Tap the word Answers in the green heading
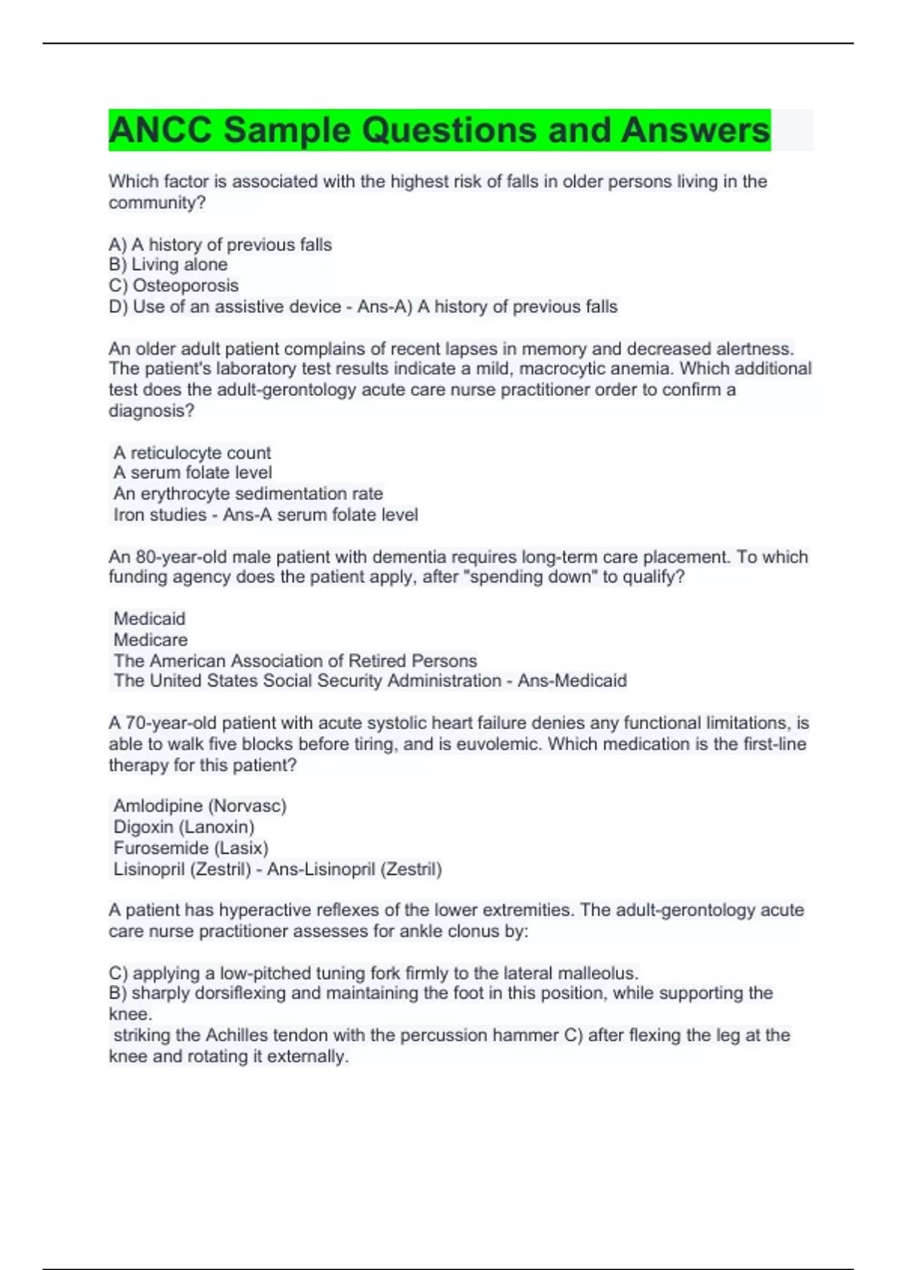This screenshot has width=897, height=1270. coord(695,130)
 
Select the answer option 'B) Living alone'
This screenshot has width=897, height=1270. coord(168,264)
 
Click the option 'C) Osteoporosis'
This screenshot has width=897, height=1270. coord(173,285)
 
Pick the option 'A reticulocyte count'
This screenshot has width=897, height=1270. coord(192,453)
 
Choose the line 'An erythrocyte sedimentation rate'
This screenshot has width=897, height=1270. coord(248,494)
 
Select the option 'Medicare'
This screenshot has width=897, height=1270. coord(150,639)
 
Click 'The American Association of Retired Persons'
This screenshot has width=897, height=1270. coord(295,660)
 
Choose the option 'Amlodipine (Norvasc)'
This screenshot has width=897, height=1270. coord(200,806)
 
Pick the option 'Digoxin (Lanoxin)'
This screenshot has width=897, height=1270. coord(184,827)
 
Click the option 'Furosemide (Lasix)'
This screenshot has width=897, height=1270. coord(191,848)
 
